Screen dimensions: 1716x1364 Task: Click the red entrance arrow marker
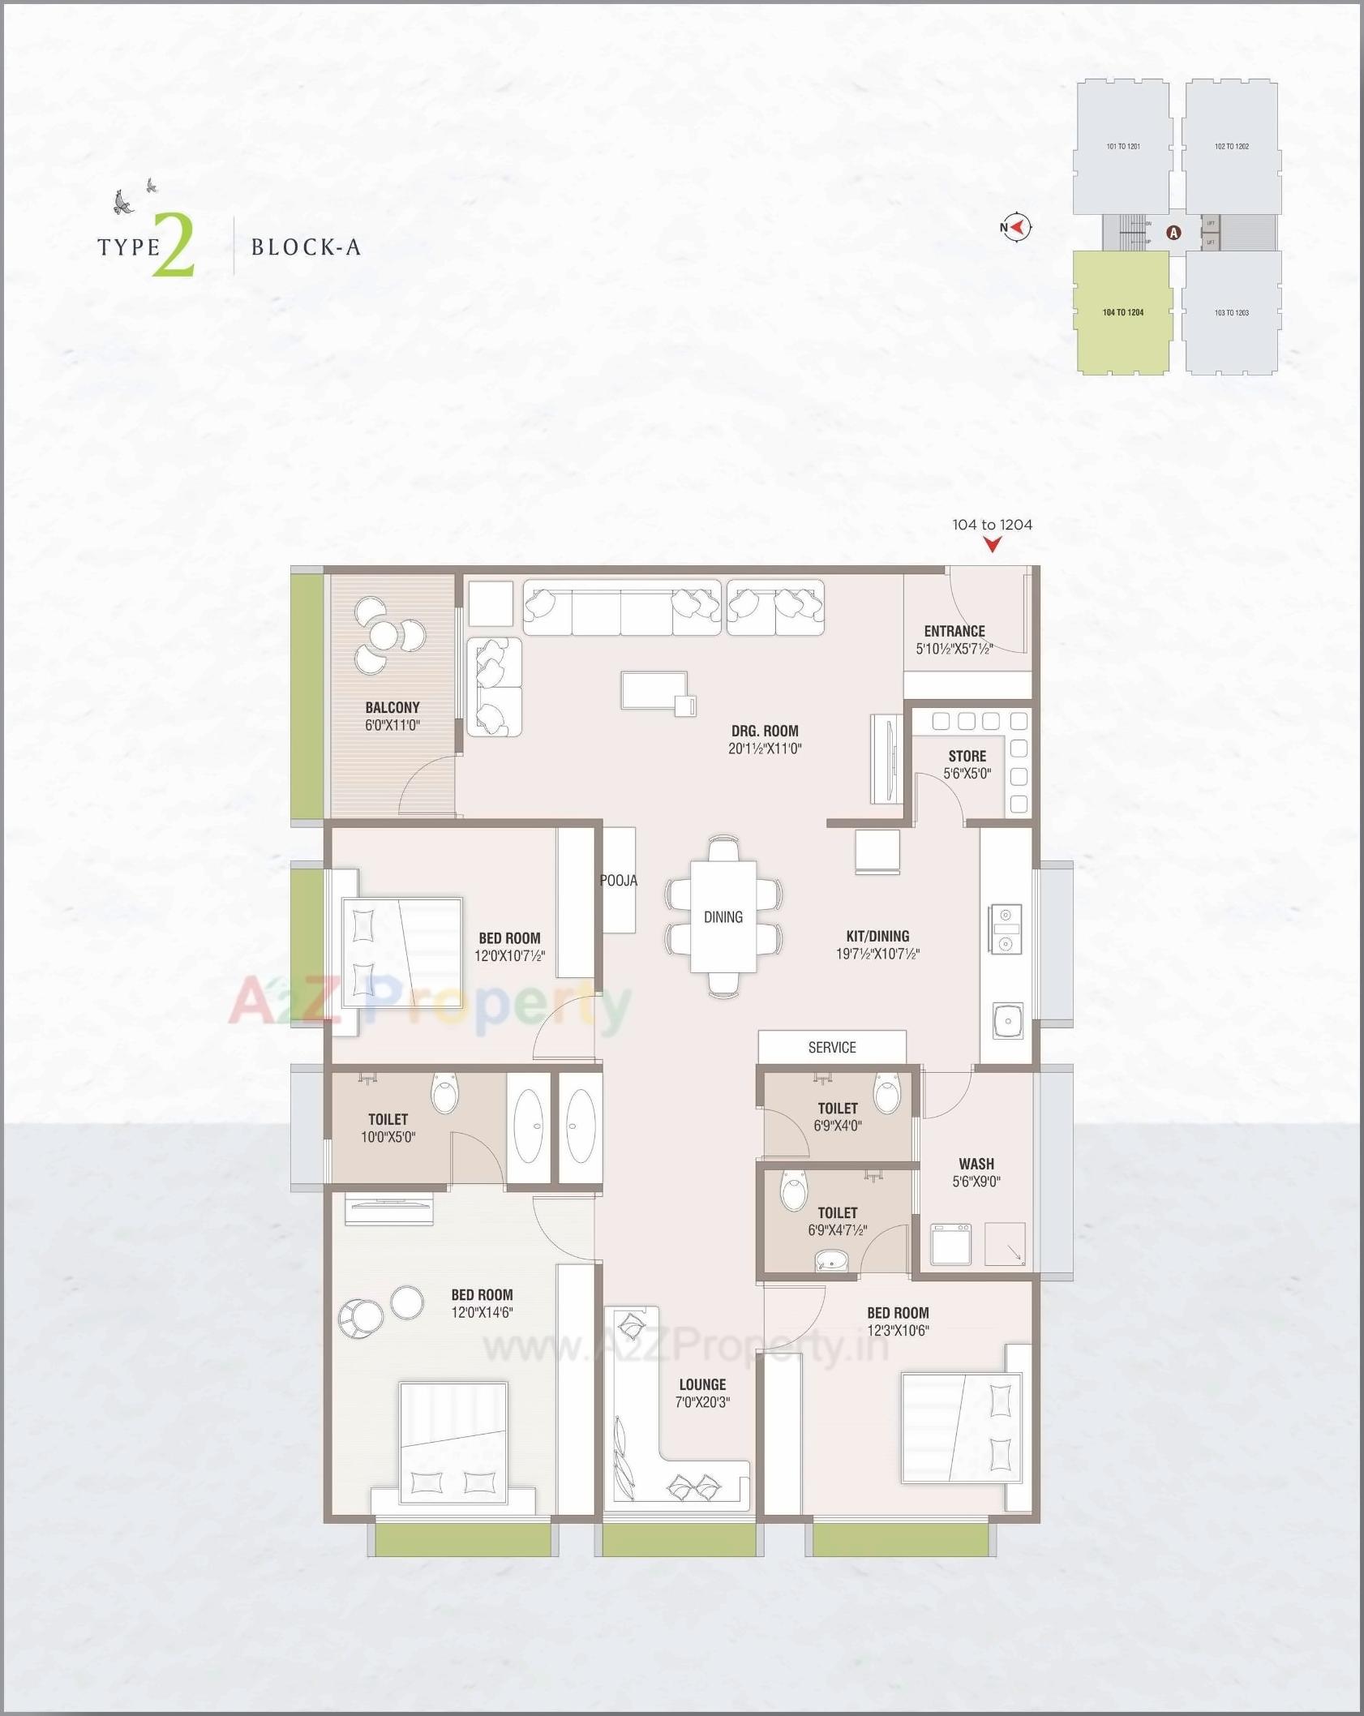pos(993,546)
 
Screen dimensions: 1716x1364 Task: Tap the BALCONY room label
pos(392,707)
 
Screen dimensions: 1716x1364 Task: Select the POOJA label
pos(619,880)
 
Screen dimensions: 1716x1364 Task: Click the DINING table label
pos(723,916)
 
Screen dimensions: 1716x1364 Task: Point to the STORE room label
pos(967,756)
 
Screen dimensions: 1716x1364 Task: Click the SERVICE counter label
pos(832,1047)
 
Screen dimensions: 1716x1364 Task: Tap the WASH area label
pos(976,1164)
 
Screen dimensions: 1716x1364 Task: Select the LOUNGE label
pos(702,1384)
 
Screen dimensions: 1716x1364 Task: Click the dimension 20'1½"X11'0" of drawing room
pos(765,749)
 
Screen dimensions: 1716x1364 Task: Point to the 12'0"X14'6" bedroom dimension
pos(482,1312)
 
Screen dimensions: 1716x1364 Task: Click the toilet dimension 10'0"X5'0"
pos(388,1137)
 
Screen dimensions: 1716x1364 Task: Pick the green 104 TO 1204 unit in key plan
pos(1123,312)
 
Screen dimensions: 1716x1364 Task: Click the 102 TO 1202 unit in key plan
pos(1231,147)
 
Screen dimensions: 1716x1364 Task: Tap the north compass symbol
pos(1016,228)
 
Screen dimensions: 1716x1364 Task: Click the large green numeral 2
pos(174,245)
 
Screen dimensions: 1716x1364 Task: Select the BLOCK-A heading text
pos(306,247)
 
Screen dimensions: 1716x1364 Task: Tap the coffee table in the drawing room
pos(654,691)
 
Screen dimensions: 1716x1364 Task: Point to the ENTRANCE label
pos(954,631)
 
